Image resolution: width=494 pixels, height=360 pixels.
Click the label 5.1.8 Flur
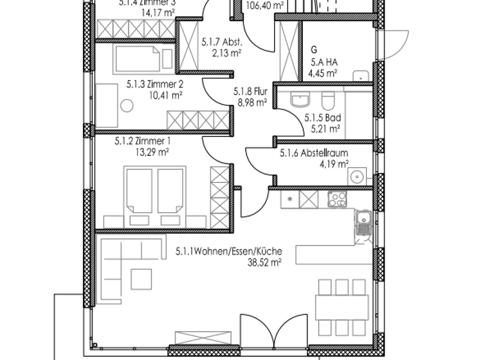click(x=250, y=92)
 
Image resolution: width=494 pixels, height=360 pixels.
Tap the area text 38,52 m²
click(x=264, y=262)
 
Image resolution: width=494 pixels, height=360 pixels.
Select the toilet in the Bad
click(x=327, y=102)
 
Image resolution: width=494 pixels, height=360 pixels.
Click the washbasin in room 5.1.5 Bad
click(x=300, y=101)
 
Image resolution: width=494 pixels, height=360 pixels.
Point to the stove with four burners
click(x=337, y=200)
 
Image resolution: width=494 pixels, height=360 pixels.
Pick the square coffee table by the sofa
click(x=142, y=278)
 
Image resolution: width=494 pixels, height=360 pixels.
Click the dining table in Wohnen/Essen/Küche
click(x=342, y=306)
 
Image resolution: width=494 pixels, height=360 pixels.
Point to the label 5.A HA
click(x=324, y=62)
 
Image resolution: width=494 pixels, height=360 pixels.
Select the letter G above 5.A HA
click(x=314, y=50)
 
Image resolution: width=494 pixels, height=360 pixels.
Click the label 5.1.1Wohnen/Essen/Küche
click(x=228, y=252)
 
